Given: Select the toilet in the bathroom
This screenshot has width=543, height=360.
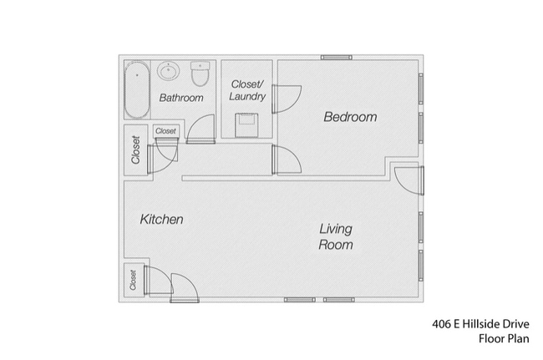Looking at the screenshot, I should coord(199,75).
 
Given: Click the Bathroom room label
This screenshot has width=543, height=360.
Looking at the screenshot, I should coord(181,98).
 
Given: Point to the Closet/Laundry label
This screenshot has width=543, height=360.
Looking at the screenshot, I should coord(249,89).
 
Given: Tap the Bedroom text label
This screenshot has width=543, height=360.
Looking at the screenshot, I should coord(350,118).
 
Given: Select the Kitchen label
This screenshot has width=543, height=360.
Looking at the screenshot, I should coord(161,220).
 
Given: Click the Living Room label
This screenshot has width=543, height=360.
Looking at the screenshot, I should coord(335,237).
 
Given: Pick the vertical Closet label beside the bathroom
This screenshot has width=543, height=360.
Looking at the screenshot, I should coord(135,150).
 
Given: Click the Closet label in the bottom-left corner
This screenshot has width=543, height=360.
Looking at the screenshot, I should coord(134,279).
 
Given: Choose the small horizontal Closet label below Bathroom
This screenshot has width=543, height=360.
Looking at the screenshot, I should coord(165,131).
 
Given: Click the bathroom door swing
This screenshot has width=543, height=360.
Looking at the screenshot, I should coord(200,130).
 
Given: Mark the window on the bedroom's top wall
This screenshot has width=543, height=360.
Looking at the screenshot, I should coord(336,58).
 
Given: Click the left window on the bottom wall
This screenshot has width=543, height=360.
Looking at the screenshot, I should coord(299,299).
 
